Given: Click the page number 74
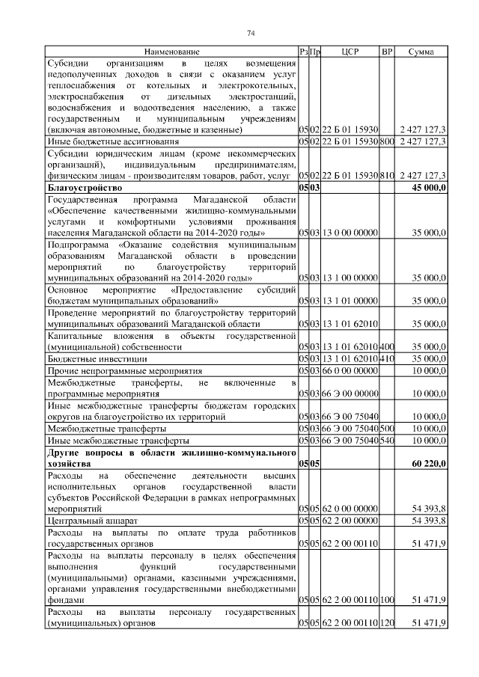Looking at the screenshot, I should point(251,33).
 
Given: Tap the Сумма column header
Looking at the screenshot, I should point(422,51).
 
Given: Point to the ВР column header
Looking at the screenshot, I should point(387,51).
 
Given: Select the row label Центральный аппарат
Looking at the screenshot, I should point(90,519).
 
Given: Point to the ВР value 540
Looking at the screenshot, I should point(387,441).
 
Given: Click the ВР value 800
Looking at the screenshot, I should point(387,141).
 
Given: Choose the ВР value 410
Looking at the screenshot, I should point(387,360).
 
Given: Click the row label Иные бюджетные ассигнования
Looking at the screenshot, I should point(113,141).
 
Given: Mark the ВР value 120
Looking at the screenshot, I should point(387,623).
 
